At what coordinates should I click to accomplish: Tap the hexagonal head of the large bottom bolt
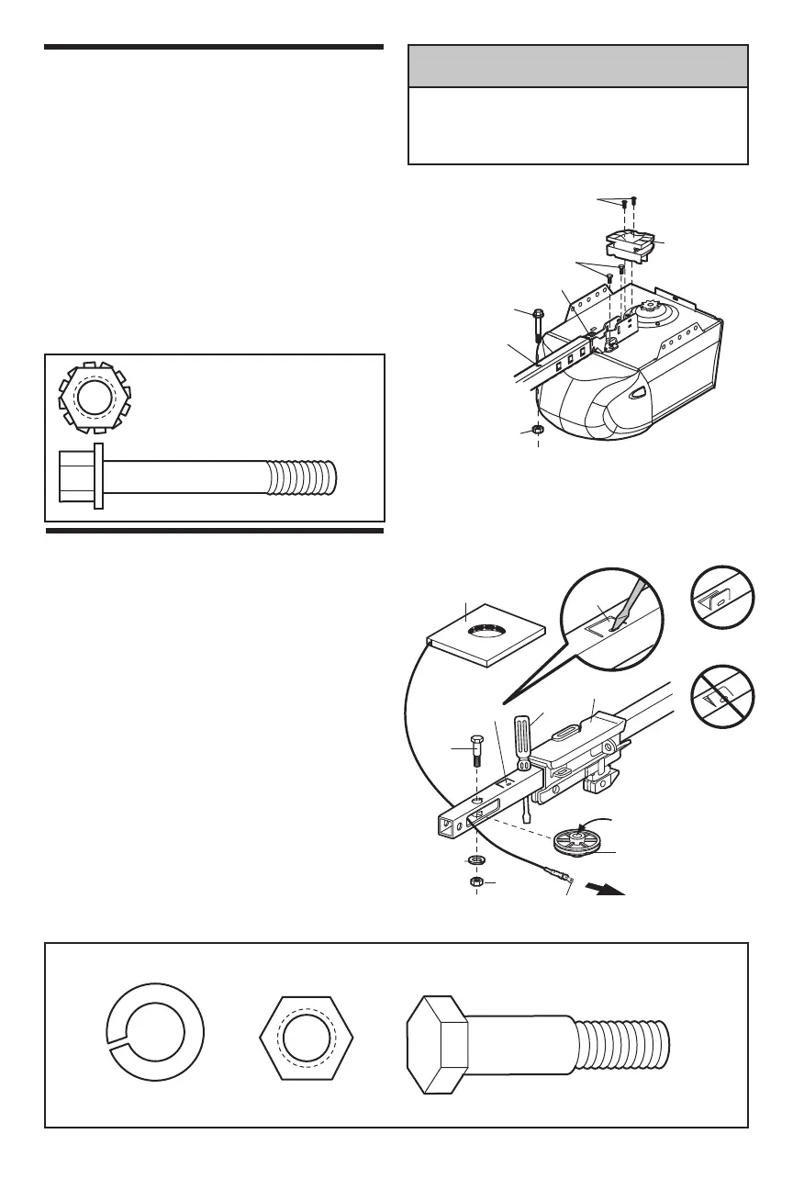437,1041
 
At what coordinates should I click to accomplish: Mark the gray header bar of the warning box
577,67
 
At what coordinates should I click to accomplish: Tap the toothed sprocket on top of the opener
653,312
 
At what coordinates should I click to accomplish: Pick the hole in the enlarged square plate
486,633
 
